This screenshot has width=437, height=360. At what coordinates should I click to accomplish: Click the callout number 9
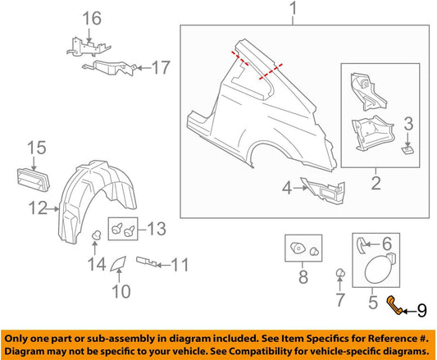pos(422,309)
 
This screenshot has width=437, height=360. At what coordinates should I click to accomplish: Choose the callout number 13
pos(155,226)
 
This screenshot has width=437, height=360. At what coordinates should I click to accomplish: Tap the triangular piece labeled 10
pos(119,263)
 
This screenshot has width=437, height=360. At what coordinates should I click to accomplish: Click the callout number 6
pos(388,243)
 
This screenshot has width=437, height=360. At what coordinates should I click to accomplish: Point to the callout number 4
pos(286,188)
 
